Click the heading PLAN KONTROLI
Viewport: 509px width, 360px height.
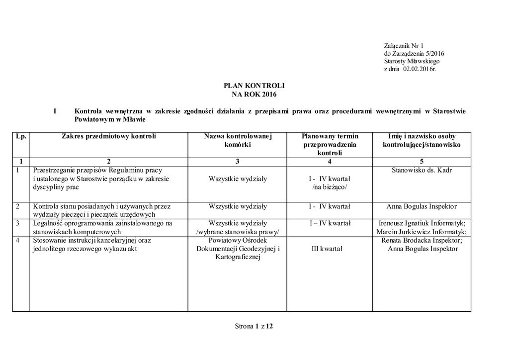tap(254, 86)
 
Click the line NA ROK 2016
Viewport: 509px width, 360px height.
tap(254, 94)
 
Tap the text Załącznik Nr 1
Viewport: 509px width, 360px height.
tap(403, 46)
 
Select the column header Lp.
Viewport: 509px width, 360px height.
tap(20, 136)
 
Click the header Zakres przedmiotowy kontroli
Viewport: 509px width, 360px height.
tap(108, 136)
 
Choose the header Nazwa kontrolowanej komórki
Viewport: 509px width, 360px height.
tap(238, 140)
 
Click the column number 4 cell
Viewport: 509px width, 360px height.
tap(330, 161)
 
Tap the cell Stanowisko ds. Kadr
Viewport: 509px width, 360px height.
tap(422, 170)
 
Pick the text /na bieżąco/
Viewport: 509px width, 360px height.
tap(330, 187)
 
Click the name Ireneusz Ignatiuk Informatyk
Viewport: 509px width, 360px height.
tap(422, 223)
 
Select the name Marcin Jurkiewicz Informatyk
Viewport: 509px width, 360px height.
tap(422, 232)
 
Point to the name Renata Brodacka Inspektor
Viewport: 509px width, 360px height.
tap(422, 240)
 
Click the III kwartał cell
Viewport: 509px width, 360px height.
tap(327, 249)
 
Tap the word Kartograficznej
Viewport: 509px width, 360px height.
tap(238, 257)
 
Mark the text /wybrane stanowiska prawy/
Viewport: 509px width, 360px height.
tap(238, 232)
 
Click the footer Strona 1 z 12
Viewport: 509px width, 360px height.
tap(254, 326)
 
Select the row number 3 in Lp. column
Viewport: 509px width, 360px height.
tap(18, 223)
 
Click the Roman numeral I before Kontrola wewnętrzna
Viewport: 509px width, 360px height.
tap(55, 111)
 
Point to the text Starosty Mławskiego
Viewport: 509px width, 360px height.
tap(409, 61)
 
